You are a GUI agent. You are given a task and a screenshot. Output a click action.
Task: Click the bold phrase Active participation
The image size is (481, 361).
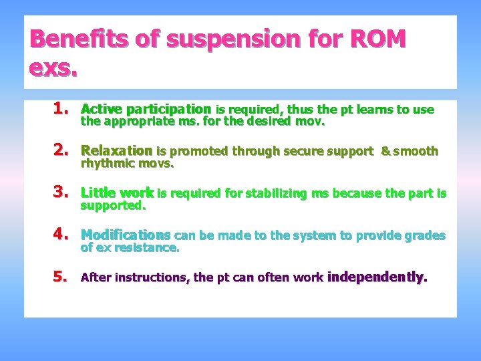tap(146, 109)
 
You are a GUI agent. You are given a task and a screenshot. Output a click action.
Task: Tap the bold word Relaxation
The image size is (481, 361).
tap(116, 151)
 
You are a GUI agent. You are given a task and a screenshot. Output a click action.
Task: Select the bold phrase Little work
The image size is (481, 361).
tap(117, 193)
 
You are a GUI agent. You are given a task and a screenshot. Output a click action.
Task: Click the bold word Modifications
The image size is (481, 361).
tap(126, 235)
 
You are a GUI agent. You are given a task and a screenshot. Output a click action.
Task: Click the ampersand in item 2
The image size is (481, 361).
tap(385, 152)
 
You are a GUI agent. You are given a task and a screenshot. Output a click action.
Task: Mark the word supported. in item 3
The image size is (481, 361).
tap(112, 206)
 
